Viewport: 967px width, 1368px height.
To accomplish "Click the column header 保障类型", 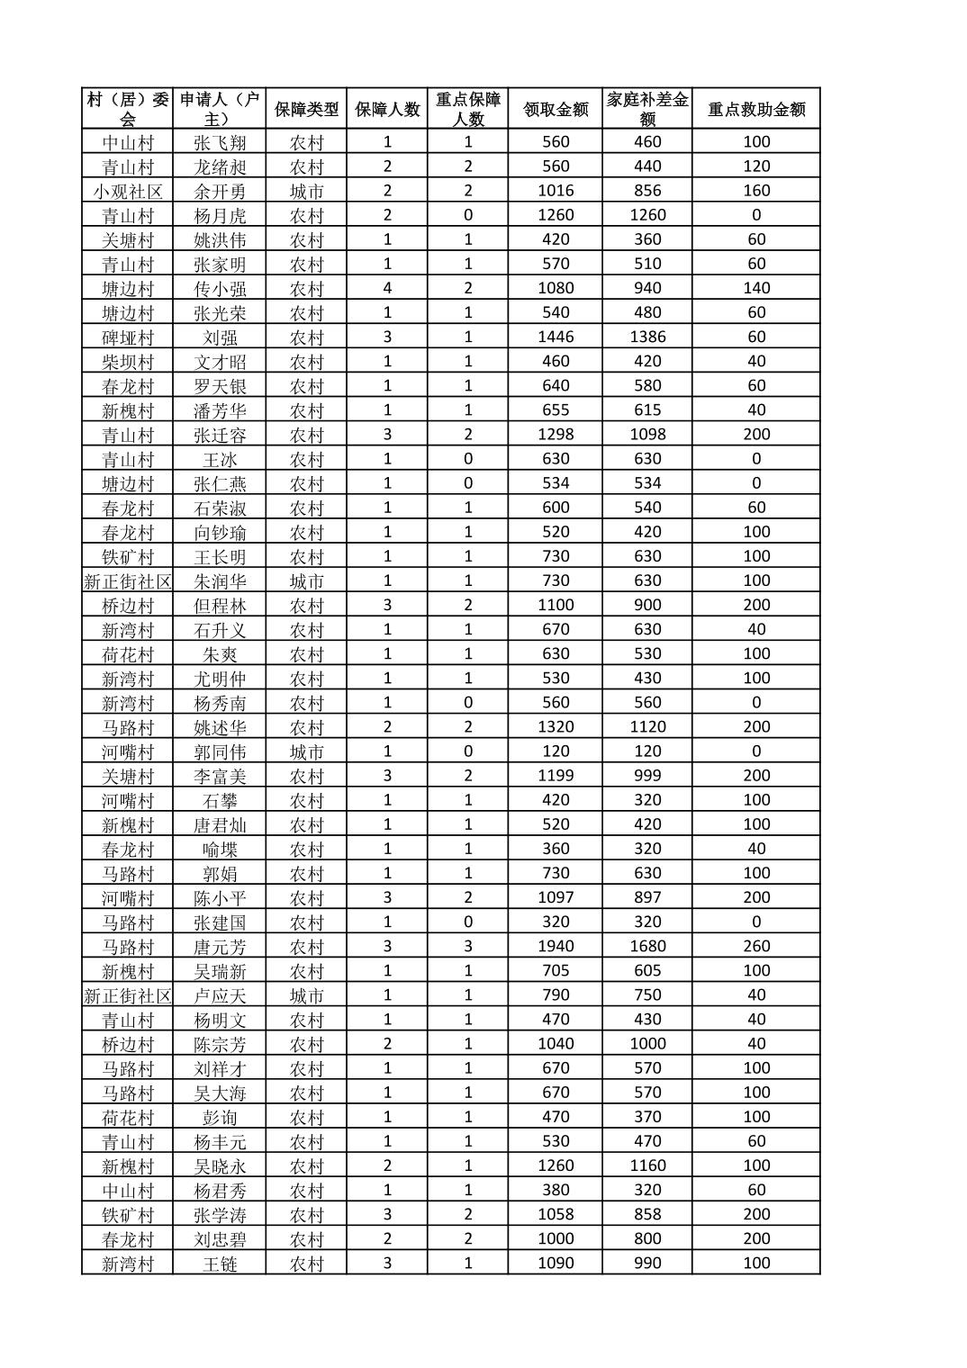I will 306,109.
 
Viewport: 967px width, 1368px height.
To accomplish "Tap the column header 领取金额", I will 556,109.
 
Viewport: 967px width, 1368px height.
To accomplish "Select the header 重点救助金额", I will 756,109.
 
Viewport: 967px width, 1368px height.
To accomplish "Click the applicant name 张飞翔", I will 220,142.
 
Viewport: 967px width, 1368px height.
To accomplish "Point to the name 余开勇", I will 220,191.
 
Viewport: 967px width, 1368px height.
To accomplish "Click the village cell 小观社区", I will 128,191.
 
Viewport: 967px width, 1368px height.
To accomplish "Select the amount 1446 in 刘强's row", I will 556,337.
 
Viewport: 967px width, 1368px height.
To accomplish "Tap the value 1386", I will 647,337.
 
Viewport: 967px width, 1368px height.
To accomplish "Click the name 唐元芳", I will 220,947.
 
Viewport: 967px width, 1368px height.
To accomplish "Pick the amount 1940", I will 556,946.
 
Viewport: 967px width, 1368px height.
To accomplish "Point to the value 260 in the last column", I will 756,946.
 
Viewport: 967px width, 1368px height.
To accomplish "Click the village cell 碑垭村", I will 128,337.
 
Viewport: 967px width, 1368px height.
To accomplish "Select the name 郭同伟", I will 220,751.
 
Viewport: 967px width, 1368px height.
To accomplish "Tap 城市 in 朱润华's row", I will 306,581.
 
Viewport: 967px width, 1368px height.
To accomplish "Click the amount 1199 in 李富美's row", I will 556,775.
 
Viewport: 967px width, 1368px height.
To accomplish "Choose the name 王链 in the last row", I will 220,1264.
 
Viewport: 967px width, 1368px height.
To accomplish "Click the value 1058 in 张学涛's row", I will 556,1214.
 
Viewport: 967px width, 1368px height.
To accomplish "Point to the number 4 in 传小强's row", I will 387,288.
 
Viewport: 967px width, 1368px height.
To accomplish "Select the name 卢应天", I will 220,995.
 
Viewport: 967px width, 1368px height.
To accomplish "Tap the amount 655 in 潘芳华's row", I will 556,409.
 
